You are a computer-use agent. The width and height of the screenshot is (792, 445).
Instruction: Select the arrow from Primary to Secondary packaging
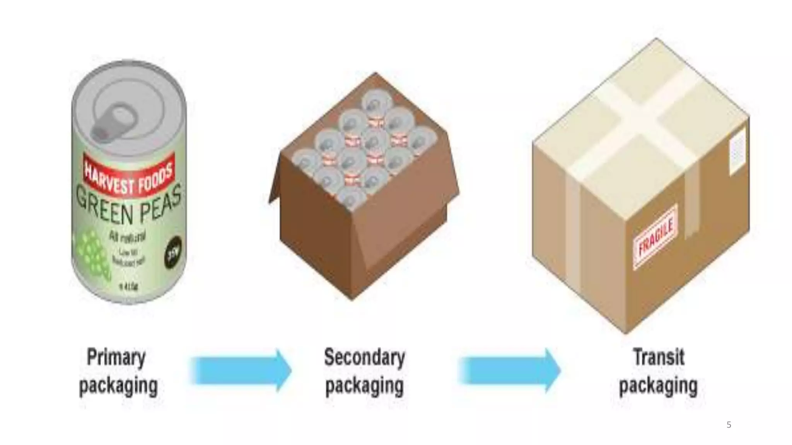(241, 370)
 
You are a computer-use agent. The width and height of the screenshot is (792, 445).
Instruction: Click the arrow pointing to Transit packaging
(510, 370)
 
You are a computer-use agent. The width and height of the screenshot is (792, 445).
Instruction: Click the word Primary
(116, 357)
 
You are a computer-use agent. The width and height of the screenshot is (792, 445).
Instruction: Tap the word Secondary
(364, 357)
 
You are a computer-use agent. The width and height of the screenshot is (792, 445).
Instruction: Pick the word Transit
(659, 357)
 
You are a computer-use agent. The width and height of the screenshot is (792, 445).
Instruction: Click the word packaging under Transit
(659, 386)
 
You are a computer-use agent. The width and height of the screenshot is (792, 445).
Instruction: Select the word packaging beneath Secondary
(364, 386)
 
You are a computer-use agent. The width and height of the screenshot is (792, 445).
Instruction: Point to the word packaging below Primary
(118, 386)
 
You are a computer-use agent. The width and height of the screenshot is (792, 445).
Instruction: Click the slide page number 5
(729, 425)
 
